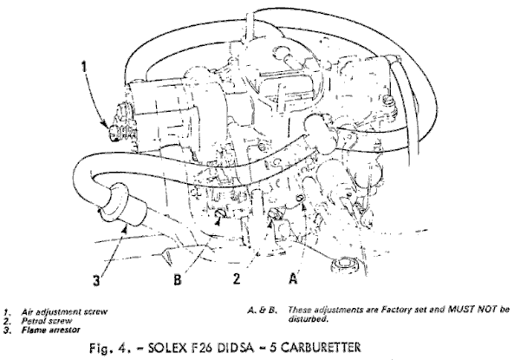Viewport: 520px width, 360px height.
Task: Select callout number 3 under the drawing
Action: click(96, 281)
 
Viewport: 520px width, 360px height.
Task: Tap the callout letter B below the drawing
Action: click(178, 279)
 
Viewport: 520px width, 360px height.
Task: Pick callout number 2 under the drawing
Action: click(236, 278)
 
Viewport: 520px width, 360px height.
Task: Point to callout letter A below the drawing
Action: click(293, 278)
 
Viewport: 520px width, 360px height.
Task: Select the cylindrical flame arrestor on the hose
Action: click(123, 205)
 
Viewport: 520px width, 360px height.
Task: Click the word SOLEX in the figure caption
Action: click(168, 347)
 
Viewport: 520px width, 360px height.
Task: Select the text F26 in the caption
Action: click(204, 347)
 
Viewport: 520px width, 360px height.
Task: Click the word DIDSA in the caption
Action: click(236, 347)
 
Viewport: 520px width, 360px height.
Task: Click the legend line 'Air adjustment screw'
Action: click(64, 312)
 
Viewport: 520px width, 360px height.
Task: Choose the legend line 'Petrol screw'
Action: click(47, 321)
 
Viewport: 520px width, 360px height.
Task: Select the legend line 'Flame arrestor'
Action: click(51, 330)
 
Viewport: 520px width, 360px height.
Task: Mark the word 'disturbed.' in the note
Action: click(308, 319)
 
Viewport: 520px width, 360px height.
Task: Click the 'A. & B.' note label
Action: click(262, 310)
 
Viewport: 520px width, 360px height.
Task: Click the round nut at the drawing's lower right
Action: click(345, 265)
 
